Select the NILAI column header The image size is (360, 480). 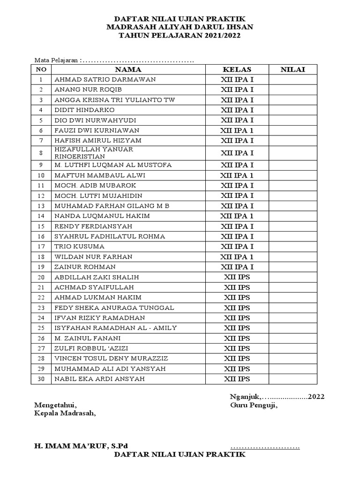tap(292, 69)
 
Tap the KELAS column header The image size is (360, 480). tap(237, 69)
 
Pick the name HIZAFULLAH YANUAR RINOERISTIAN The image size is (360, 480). tap(94, 153)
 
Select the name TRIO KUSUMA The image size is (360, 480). tap(79, 247)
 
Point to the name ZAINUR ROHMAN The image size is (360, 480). tap(85, 267)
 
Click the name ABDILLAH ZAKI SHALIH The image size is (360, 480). tap(97, 277)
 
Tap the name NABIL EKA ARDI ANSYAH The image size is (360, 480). tap(99, 379)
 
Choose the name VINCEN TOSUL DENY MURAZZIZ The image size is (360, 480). tap(111, 359)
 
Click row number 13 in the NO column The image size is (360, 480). tap(41, 206)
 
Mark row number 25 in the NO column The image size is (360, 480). tap(41, 328)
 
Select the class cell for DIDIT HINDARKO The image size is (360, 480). tap(237, 110)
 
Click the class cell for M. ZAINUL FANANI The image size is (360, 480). tap(237, 338)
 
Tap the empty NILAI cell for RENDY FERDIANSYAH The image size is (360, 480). tap(292, 226)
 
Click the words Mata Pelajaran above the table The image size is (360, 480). tap(57, 60)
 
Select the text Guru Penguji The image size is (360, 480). tap(253, 405)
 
